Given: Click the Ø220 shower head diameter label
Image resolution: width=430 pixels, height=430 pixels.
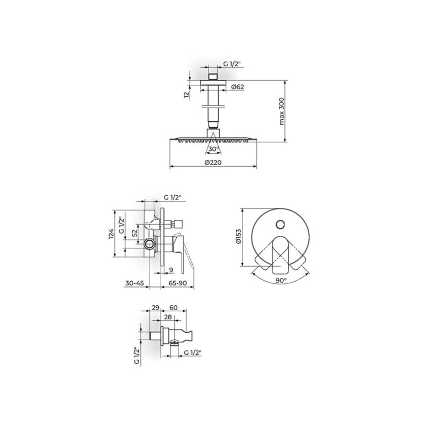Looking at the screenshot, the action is click(x=213, y=162).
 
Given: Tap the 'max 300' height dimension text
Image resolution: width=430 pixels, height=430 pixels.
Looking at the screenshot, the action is click(x=282, y=111).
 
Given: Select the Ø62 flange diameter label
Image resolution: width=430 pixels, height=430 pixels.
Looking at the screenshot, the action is click(x=238, y=87).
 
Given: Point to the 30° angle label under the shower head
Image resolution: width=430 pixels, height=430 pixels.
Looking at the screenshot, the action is click(x=214, y=149).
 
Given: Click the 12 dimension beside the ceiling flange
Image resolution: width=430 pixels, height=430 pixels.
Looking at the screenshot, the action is click(x=186, y=95).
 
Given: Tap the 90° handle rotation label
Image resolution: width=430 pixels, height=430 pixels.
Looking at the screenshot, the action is click(x=281, y=281).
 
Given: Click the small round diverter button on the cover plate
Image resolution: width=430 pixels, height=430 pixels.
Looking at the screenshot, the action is click(x=280, y=224).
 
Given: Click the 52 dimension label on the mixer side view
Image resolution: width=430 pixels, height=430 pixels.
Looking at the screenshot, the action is click(x=134, y=233).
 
